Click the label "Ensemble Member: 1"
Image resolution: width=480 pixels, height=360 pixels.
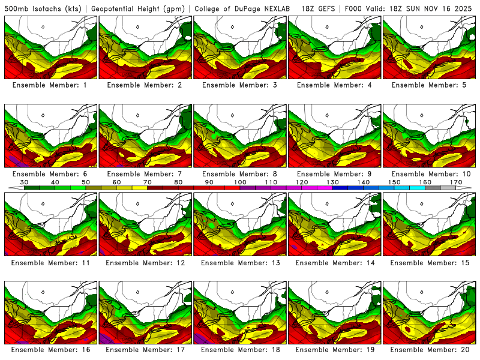51,85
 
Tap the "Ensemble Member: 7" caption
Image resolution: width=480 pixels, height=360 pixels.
146,174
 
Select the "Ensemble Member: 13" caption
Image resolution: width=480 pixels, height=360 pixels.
240,263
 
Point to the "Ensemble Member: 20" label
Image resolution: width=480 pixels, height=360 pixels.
430,349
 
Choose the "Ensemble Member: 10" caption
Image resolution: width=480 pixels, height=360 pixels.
430,174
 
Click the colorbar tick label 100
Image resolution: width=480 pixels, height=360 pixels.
240,182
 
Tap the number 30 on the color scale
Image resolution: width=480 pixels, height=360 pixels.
25,182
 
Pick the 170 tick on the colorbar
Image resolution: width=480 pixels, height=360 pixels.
456,182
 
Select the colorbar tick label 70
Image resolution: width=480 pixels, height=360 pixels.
148,182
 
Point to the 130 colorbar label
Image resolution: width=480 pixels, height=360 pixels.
332,182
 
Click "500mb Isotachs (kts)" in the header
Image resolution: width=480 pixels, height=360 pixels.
43,10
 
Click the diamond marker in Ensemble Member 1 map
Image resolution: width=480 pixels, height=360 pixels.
43,27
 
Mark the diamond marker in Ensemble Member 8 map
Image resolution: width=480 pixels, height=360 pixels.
233,115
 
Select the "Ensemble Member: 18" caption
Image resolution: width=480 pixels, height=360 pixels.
240,349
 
